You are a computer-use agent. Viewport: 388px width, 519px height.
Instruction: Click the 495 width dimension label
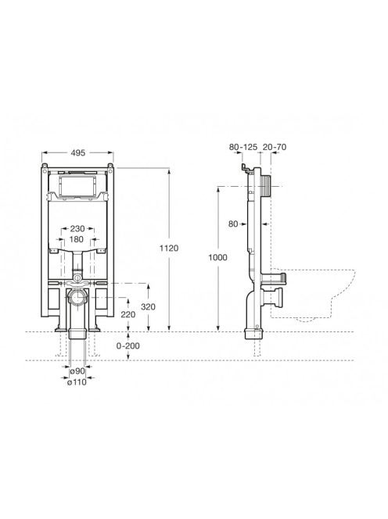78,152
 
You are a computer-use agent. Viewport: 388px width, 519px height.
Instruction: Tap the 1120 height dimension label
169,248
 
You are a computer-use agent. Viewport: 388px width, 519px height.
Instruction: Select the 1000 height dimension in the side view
217,257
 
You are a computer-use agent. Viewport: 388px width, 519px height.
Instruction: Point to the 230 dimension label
77,228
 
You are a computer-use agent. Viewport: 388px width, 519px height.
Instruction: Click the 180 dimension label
76,239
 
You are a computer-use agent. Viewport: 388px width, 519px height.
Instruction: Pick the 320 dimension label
148,307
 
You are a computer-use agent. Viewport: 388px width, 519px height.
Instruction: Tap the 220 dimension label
128,314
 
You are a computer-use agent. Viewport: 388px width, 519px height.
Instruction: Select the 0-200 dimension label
128,346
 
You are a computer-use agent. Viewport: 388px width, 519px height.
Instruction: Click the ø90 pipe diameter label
77,371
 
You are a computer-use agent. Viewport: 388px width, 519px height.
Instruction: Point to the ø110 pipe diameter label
77,382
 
